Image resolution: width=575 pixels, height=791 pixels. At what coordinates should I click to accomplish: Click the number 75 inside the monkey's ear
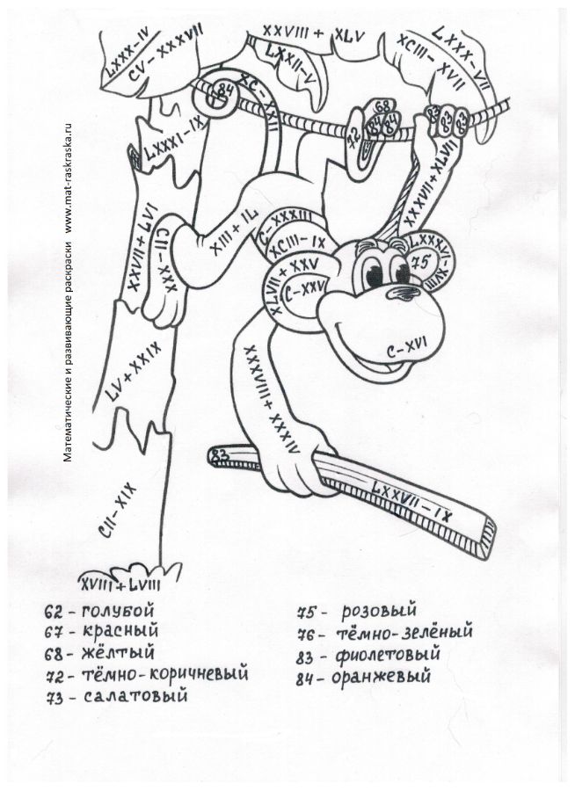(419, 261)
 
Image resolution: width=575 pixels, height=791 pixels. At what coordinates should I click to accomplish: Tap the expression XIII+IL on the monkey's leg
(229, 236)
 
